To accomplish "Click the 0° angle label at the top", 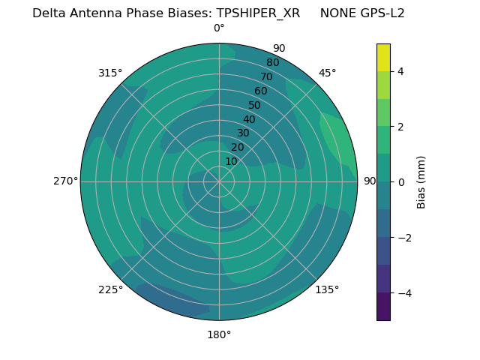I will [x=219, y=28].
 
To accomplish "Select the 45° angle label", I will [x=328, y=73].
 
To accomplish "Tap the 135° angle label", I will [x=327, y=289].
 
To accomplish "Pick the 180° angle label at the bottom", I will [x=219, y=334].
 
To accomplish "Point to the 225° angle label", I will [x=110, y=289].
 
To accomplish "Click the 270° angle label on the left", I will [x=65, y=181].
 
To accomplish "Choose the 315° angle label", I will [x=110, y=73].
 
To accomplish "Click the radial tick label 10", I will [x=231, y=161].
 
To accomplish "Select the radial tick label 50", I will [x=255, y=105].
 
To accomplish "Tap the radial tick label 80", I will [x=272, y=62].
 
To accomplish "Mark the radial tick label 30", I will [x=243, y=133].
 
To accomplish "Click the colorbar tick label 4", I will [x=401, y=71].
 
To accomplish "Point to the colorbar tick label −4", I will [x=404, y=293].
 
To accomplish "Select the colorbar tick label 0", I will [x=401, y=182].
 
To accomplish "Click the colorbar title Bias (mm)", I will [x=421, y=182].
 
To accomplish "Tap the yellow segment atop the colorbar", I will [x=383, y=58].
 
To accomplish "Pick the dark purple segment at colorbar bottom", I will [x=383, y=307].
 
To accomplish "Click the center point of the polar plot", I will [x=219, y=181].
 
